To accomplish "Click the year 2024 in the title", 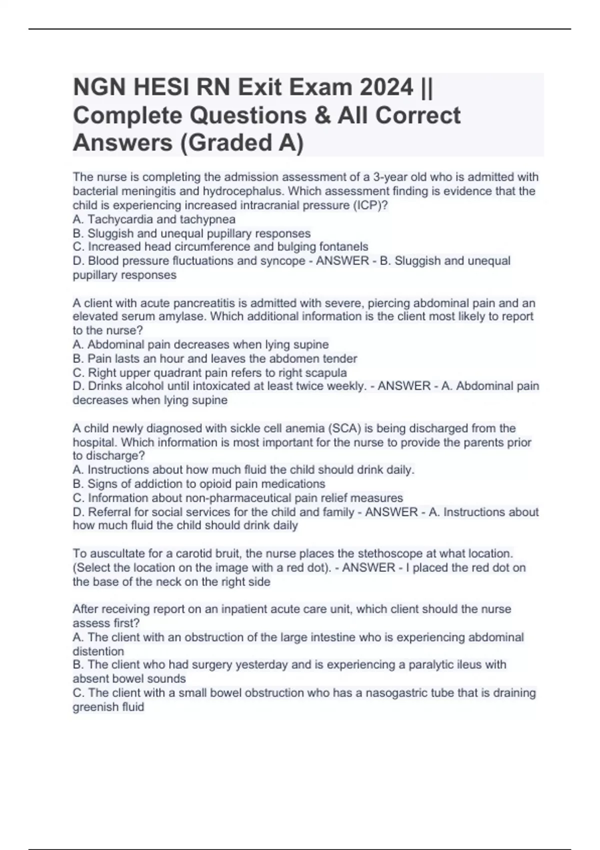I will (x=383, y=88).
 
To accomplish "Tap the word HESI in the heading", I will (x=160, y=88).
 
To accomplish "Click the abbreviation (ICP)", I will (x=370, y=205).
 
